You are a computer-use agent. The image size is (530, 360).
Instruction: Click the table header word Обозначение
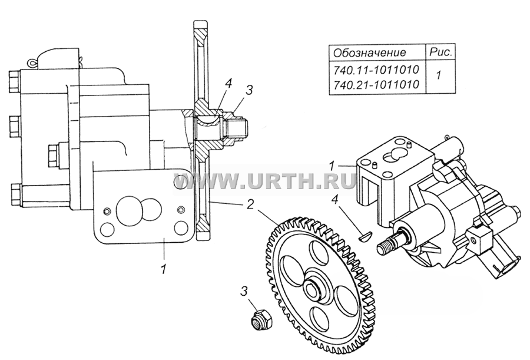coord(370,53)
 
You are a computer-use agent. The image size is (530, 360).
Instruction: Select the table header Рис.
coord(440,52)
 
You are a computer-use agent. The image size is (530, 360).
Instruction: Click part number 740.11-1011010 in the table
coord(376,70)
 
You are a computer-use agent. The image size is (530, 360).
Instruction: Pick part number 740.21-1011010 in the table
coord(376,84)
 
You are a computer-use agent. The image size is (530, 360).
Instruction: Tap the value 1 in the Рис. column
coord(438,75)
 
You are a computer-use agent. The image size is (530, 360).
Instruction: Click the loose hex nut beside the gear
coord(261,319)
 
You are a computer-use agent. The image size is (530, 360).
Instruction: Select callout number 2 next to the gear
coord(250,204)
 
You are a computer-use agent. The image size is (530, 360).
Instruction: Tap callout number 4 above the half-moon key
coord(334,201)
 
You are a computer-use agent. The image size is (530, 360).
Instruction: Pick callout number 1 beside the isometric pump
coord(332,166)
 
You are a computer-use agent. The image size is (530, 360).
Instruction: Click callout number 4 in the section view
coord(228,84)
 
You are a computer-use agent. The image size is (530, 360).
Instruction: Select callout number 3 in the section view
coord(249,90)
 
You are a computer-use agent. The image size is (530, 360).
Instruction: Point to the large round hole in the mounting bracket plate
coord(127,211)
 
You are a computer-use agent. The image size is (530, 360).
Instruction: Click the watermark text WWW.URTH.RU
coord(264,181)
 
